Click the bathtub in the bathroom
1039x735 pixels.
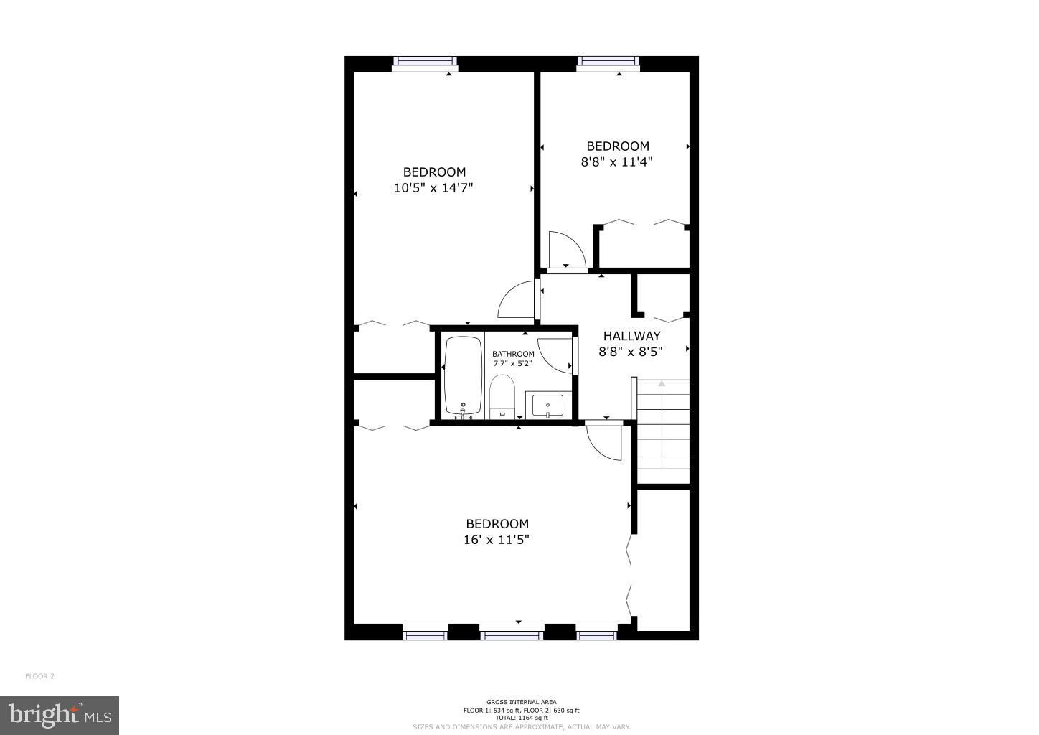tap(463, 375)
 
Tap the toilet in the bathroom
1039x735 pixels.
tap(502, 395)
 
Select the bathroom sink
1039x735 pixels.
tap(548, 406)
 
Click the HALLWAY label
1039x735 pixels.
tap(631, 336)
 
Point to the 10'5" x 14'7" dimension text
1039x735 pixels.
tap(434, 188)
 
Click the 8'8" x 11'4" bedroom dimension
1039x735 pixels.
tap(616, 162)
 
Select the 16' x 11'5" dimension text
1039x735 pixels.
tap(497, 540)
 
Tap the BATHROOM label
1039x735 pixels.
tap(513, 354)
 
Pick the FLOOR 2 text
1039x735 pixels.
tap(40, 676)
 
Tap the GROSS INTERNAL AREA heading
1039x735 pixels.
tap(521, 702)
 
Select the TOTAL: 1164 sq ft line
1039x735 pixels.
tap(521, 718)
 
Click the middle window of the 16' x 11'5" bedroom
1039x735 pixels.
tap(512, 634)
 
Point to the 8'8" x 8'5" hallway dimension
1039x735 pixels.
tap(631, 352)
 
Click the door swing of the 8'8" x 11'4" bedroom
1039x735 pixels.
tap(565, 249)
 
